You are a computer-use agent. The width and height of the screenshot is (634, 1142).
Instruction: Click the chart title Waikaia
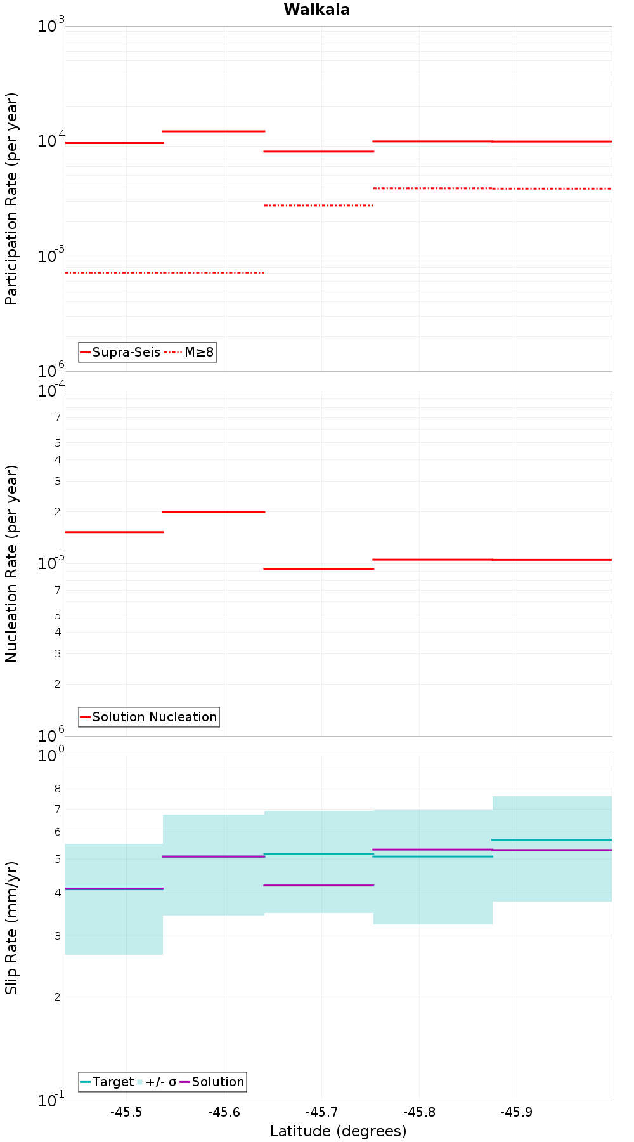click(x=316, y=10)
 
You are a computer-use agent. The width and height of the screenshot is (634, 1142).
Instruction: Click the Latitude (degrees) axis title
click(x=338, y=1131)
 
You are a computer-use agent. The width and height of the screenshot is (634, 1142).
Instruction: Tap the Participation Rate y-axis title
click(x=11, y=199)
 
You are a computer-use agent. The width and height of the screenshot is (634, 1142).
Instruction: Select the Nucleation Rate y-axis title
click(x=11, y=563)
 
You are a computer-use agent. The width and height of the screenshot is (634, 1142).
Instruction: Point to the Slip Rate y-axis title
click(x=11, y=928)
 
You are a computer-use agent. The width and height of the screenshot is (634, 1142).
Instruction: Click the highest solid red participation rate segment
click(x=214, y=131)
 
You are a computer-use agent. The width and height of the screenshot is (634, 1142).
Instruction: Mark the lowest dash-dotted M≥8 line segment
click(x=164, y=273)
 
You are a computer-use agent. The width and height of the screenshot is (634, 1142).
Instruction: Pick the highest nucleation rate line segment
click(x=214, y=512)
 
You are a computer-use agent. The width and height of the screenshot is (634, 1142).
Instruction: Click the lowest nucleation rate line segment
click(x=318, y=568)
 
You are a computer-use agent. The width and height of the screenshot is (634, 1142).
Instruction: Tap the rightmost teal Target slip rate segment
click(x=552, y=839)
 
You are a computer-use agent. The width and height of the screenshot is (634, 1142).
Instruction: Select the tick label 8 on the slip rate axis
click(x=58, y=789)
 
